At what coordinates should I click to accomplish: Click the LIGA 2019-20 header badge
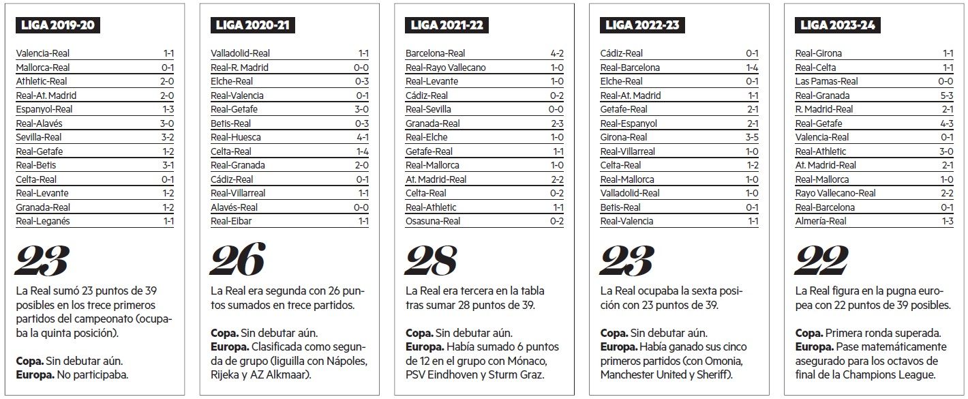pos(59,25)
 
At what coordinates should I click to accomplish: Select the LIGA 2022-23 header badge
pos(643,25)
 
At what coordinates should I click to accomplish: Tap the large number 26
pos(237,260)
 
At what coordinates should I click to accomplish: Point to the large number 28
pos(432,260)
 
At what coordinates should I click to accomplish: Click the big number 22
pos(821,260)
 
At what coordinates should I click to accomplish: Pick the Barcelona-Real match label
pos(435,53)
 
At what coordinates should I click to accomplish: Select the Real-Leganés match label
pos(42,221)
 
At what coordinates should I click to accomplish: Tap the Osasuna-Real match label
pos(433,221)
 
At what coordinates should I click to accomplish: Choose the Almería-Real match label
pos(820,221)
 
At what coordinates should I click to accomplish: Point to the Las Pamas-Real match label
pos(826,81)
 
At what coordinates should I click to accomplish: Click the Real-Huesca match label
pos(236,137)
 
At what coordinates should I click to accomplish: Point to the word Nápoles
pos(350,361)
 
